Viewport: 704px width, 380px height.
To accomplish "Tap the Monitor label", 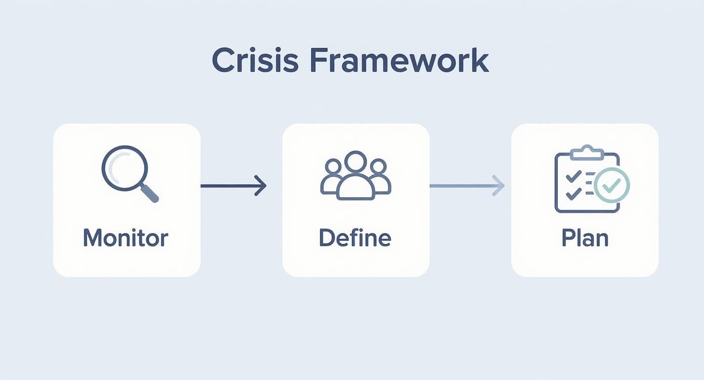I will pyautogui.click(x=125, y=238).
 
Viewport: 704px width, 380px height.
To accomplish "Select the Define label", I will pyautogui.click(x=355, y=238).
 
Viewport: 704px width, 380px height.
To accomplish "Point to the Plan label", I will pyautogui.click(x=585, y=238).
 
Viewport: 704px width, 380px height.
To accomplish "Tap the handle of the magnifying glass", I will pyautogui.click(x=150, y=194).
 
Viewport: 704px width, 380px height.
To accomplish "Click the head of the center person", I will pyautogui.click(x=356, y=161).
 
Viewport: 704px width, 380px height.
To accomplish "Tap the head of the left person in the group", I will pyautogui.click(x=333, y=166).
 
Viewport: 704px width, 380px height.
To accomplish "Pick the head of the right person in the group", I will pyautogui.click(x=378, y=166).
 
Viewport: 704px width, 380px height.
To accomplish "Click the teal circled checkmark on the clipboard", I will pyautogui.click(x=612, y=185).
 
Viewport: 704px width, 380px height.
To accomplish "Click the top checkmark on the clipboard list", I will pyautogui.click(x=573, y=176).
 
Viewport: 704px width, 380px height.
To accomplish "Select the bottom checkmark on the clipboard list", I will pyautogui.click(x=573, y=193).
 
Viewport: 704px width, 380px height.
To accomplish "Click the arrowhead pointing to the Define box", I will pyautogui.click(x=260, y=185).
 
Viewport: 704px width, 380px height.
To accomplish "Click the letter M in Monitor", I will pyautogui.click(x=93, y=238).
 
